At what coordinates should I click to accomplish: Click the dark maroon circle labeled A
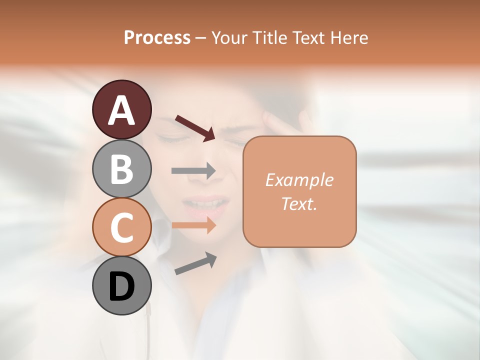(x=121, y=109)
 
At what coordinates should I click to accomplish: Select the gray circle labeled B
(x=121, y=168)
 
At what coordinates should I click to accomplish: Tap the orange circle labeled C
(x=121, y=227)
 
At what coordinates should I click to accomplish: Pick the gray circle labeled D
(x=121, y=285)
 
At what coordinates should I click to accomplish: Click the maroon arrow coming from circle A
(x=194, y=127)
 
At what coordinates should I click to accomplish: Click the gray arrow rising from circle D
(x=195, y=263)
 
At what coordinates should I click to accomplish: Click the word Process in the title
(x=157, y=37)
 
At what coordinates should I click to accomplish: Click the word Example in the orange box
(x=299, y=180)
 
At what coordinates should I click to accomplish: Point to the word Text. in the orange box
(x=299, y=203)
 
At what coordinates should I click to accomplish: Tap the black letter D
(x=121, y=286)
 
